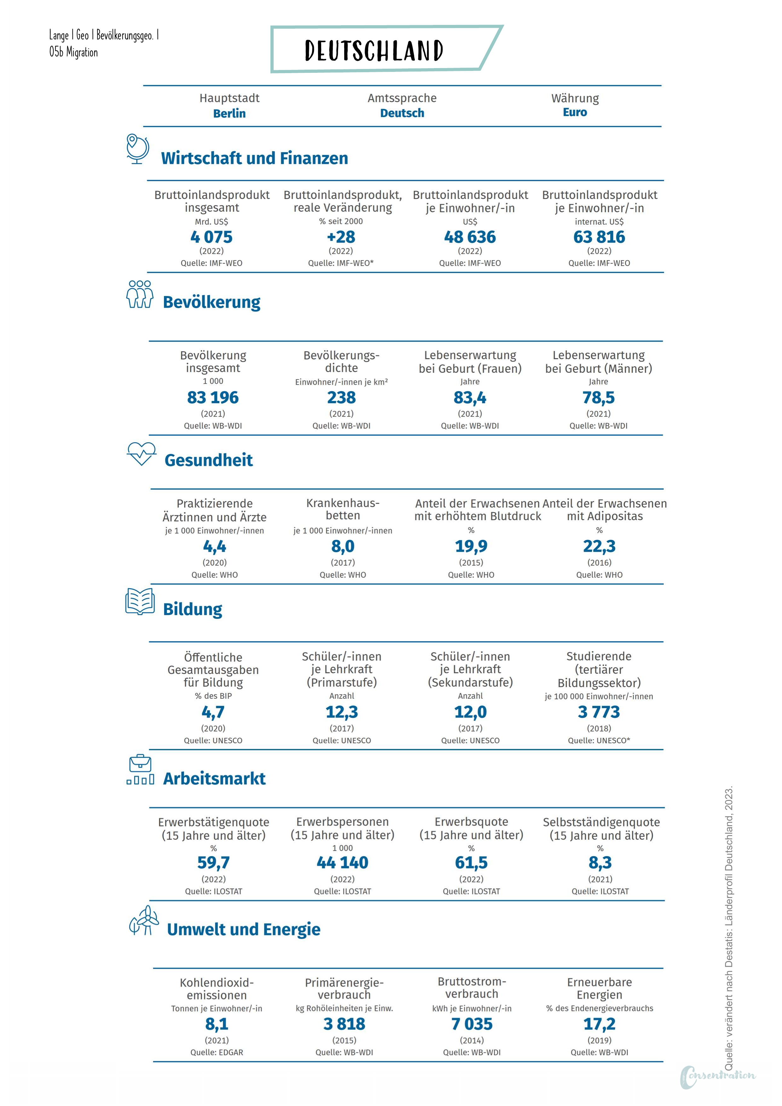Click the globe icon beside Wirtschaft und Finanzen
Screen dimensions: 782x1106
(137, 149)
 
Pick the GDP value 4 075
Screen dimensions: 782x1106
(211, 237)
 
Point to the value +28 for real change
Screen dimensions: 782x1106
(341, 237)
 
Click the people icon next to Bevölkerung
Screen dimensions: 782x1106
(140, 294)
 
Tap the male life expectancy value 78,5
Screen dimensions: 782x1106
(599, 398)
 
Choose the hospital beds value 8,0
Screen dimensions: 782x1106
(343, 546)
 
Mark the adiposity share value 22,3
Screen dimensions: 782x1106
(600, 546)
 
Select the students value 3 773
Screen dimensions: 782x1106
(599, 712)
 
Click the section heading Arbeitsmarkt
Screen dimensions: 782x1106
(214, 779)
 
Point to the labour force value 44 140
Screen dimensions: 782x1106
(343, 863)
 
